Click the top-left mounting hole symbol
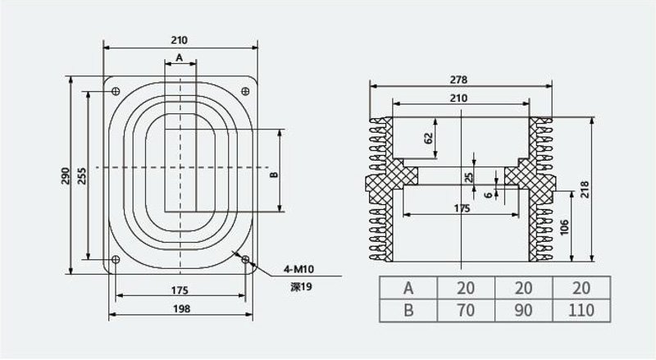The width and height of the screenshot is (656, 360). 116,91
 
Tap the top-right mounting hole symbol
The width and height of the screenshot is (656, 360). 245,91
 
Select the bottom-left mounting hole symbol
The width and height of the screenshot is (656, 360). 116,259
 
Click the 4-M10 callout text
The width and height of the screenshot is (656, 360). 298,269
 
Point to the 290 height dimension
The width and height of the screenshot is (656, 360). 66,176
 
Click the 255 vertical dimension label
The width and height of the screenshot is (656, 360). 82,176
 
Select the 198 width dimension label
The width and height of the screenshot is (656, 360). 181,309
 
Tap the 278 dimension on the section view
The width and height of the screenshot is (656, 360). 458,80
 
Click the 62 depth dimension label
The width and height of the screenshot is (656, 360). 428,139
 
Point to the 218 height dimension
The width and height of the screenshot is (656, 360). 585,189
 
